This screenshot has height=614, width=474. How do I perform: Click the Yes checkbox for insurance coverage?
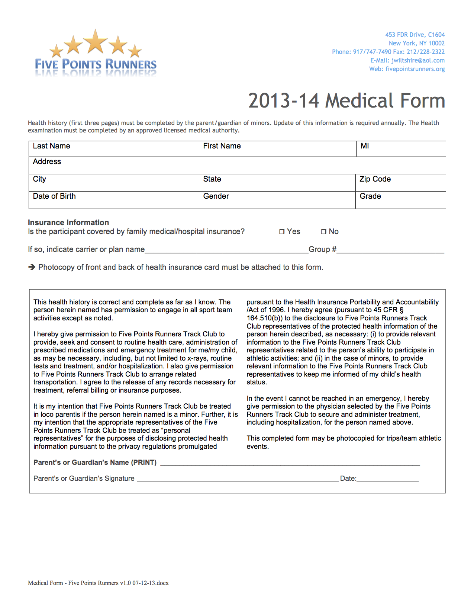(282, 232)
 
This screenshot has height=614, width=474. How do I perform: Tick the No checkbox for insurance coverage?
(323, 232)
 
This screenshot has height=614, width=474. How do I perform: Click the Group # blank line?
(390, 250)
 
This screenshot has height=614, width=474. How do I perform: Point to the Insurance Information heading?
(68, 223)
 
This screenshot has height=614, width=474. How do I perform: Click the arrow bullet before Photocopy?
(32, 267)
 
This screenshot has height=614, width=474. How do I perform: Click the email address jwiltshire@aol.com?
(418, 60)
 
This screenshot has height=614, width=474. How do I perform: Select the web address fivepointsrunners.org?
(415, 69)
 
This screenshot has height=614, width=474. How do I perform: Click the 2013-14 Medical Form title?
(346, 101)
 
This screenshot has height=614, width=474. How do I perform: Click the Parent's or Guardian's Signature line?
(238, 479)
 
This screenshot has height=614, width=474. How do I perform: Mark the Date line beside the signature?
(387, 479)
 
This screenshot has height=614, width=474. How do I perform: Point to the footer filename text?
(98, 583)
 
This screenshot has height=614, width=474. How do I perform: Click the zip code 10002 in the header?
(436, 43)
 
